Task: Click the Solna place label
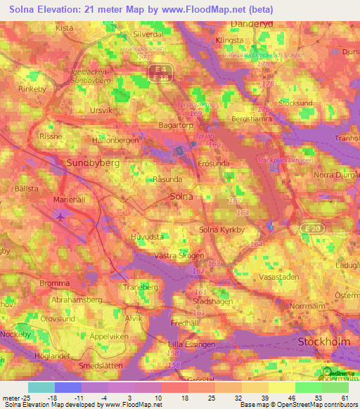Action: click(183, 197)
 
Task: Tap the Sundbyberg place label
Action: click(92, 162)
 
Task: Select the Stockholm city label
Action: click(324, 342)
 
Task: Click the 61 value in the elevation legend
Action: click(344, 397)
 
